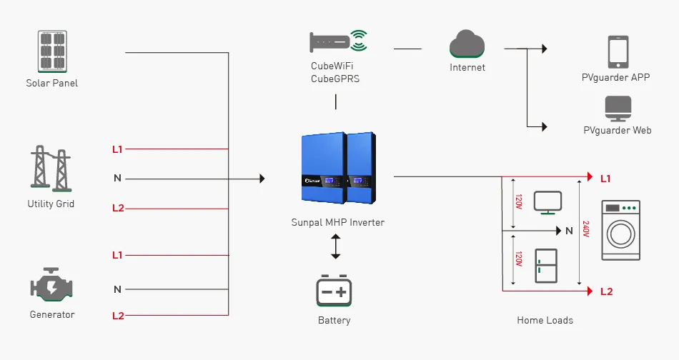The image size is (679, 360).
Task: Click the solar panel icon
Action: [x=51, y=50]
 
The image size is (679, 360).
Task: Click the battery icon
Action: [x=334, y=291]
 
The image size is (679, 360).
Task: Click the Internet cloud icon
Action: [x=467, y=44]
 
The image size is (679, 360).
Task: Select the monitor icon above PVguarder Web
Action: [x=618, y=109]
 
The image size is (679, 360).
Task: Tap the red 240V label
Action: [x=586, y=229]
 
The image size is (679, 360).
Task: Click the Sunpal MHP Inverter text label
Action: [x=337, y=223]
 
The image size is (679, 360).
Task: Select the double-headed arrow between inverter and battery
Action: [x=335, y=246]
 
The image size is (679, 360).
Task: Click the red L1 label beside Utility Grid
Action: [x=117, y=149]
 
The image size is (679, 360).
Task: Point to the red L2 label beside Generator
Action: [x=117, y=315]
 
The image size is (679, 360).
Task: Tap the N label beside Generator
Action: [x=117, y=289]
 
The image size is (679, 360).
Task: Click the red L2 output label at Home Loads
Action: [x=606, y=291]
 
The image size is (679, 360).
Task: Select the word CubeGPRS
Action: [x=335, y=79]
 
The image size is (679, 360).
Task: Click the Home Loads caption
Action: [x=545, y=321]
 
